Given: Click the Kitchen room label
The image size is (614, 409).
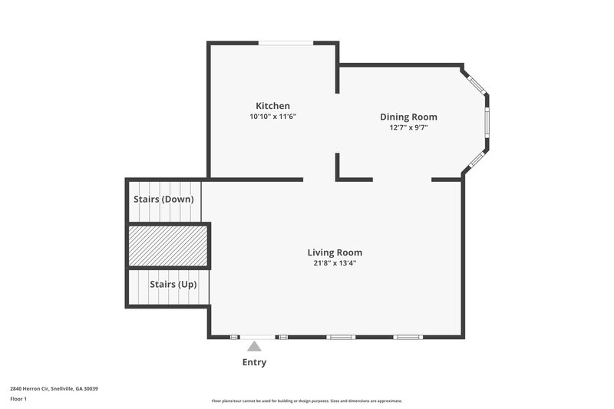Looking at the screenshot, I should [x=272, y=106].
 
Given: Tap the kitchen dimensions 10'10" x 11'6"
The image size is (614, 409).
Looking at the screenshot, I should [x=272, y=117].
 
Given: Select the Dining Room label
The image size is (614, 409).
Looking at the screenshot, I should [x=408, y=117].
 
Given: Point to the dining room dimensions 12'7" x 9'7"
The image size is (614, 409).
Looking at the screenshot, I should [x=408, y=127].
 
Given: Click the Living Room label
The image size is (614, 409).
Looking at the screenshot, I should [x=335, y=252].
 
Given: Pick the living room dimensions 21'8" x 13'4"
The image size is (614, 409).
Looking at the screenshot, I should [x=335, y=263].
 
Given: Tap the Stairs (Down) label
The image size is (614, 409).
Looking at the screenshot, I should [x=163, y=199].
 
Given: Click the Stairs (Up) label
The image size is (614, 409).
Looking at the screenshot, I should [x=173, y=284].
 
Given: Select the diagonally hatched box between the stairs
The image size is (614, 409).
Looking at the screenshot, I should [x=167, y=246].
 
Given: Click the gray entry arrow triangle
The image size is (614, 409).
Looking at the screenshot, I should [x=254, y=347].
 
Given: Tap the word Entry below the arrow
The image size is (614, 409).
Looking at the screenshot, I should [x=254, y=362].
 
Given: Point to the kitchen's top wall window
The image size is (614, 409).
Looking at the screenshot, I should [x=286, y=43].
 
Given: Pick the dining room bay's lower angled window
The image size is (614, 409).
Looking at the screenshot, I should [x=476, y=160].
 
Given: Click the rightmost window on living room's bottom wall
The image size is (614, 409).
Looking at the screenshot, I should [x=408, y=337].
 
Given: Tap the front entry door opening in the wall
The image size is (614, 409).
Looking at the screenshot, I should [x=257, y=337].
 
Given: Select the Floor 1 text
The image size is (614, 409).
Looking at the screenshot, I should [x=18, y=399].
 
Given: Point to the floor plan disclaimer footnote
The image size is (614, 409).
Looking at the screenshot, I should [x=306, y=401].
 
